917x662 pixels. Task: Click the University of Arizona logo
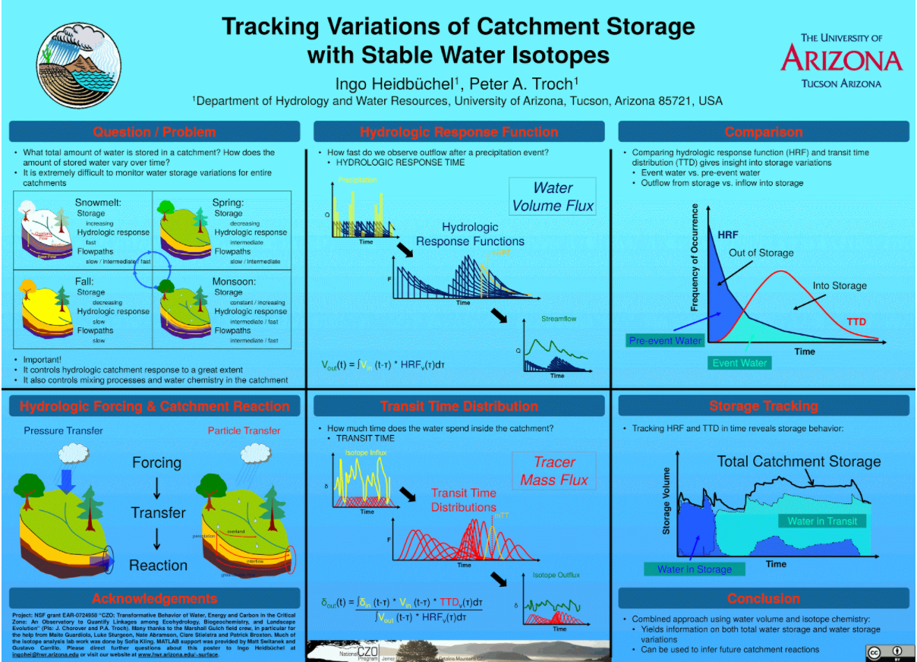tap(841, 59)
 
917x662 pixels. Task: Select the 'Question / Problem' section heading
tap(154, 131)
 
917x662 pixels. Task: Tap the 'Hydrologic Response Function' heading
tap(459, 131)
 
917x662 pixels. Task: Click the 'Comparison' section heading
tap(764, 131)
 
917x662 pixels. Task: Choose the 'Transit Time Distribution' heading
tap(459, 406)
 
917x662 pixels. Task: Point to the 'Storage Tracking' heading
tap(764, 406)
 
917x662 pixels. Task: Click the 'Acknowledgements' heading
tap(155, 598)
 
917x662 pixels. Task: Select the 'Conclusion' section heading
tap(764, 598)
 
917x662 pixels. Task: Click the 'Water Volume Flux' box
tap(553, 197)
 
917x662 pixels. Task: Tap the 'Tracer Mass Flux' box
tap(553, 471)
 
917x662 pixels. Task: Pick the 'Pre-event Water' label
tap(666, 341)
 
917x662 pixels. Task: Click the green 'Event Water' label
tap(739, 363)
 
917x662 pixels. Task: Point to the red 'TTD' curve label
tap(856, 322)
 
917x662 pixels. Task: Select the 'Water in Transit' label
tap(822, 521)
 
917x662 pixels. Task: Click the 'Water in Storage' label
tap(695, 569)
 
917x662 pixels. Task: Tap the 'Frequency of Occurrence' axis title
tap(694, 257)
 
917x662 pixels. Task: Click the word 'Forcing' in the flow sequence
tap(157, 462)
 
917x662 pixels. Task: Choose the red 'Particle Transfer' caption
tap(244, 430)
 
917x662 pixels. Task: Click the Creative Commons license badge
tap(886, 652)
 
